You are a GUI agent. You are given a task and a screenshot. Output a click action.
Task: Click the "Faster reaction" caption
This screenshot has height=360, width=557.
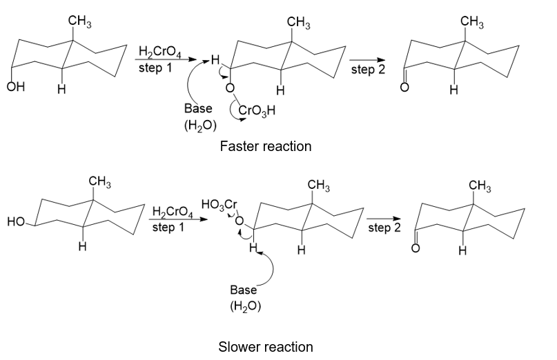click(265, 146)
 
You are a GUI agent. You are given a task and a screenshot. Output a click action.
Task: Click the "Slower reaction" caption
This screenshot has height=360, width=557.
click(265, 346)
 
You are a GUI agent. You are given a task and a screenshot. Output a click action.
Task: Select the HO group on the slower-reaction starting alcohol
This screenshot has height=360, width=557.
click(16, 221)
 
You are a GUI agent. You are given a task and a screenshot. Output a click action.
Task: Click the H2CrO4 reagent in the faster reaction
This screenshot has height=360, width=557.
click(158, 52)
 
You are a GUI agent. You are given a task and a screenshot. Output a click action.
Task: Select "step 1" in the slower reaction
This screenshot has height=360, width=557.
click(168, 227)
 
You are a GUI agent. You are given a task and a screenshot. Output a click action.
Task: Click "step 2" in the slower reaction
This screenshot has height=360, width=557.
click(384, 228)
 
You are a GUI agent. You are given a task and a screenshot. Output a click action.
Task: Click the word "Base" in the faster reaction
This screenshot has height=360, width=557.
click(198, 109)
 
